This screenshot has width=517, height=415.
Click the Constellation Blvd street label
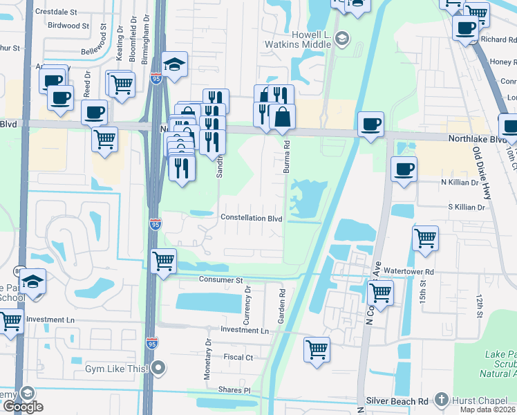pos(251,218)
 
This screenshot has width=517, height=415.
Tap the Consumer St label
pos(221,280)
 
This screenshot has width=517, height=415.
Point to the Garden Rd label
pos(282,302)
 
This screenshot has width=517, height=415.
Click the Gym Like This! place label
pos(116,368)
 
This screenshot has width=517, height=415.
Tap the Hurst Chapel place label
pos(476,400)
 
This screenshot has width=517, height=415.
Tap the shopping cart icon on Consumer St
pos(163,261)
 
